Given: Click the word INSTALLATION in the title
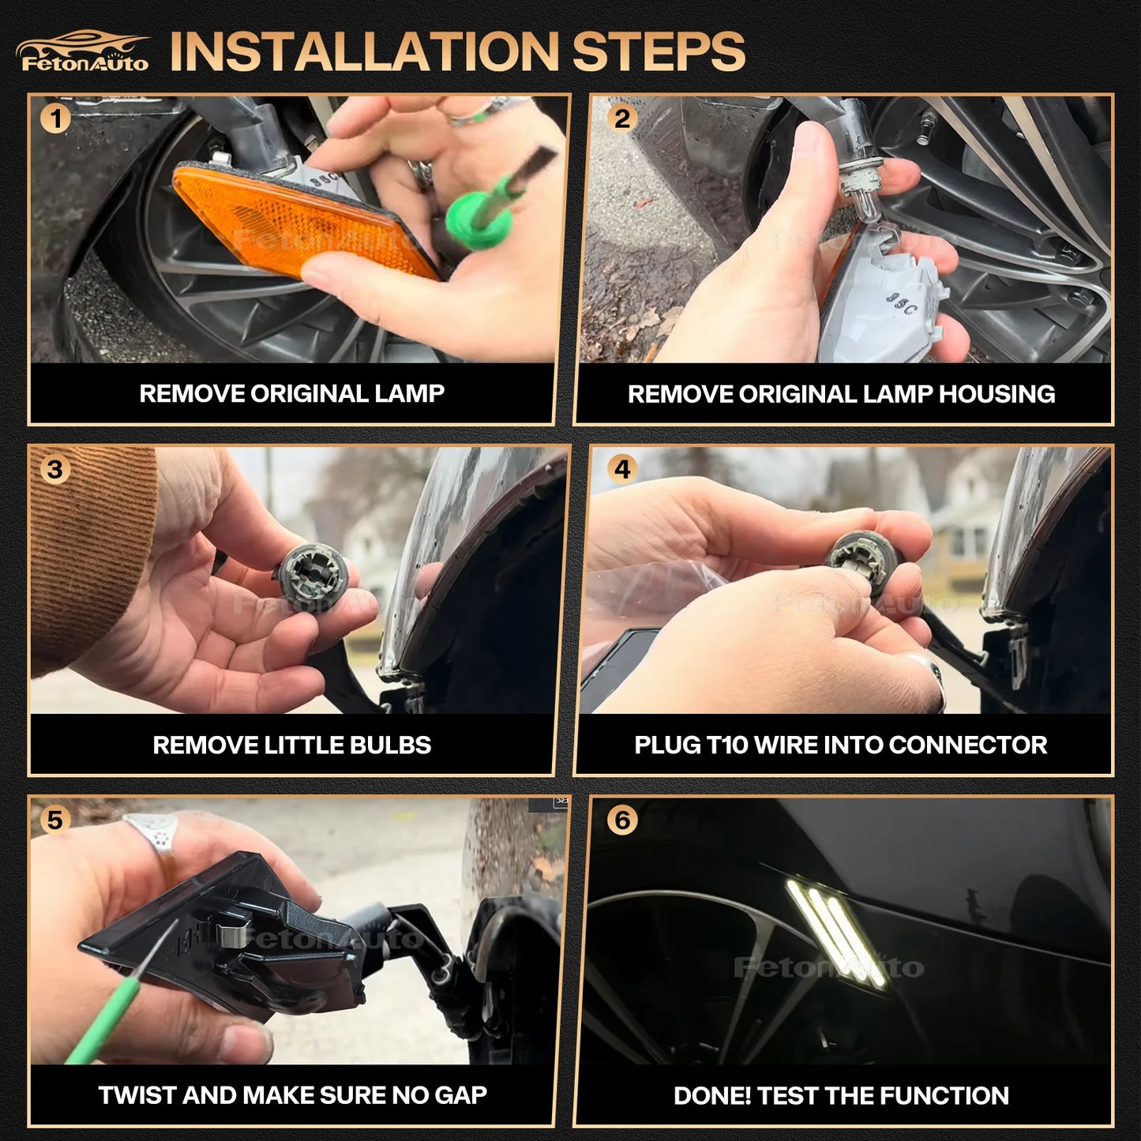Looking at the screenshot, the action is [x=364, y=51].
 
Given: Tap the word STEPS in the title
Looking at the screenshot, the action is [x=659, y=51].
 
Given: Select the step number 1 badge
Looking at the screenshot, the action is [x=55, y=118].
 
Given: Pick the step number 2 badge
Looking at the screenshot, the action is [x=621, y=118].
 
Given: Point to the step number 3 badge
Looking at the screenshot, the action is [x=55, y=470].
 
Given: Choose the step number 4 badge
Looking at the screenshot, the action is [x=621, y=470].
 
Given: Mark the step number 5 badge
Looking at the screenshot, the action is [x=55, y=820].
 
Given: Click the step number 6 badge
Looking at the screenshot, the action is [x=621, y=820].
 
